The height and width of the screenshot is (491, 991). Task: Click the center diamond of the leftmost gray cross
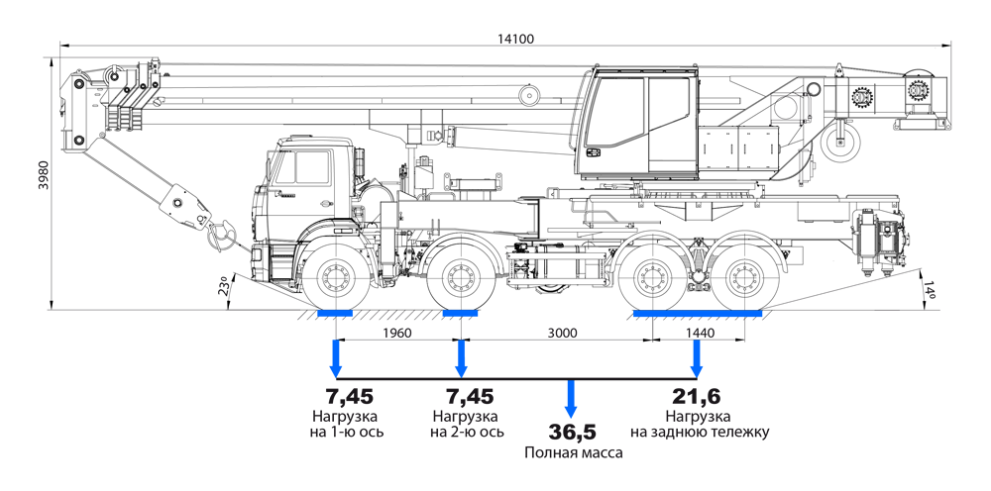(x=336, y=279)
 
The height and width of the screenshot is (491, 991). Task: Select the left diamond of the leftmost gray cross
(x=309, y=279)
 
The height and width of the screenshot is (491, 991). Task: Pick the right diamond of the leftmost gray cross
(x=363, y=279)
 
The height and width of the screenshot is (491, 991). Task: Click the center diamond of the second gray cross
(x=461, y=279)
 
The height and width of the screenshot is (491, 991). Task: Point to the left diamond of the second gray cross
(x=434, y=279)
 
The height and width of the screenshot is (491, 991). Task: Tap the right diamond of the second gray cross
(x=488, y=279)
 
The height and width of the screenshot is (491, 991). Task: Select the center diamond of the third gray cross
(x=652, y=279)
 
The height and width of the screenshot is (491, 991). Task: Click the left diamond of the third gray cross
(x=625, y=279)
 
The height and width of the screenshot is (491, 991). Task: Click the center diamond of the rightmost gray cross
(x=745, y=279)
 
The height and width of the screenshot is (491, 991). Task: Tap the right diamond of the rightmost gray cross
(x=772, y=279)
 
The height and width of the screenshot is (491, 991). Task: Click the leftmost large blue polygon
(x=322, y=357)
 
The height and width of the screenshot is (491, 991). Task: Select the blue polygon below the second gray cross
(x=461, y=359)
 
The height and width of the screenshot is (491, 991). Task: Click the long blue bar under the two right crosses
(x=698, y=316)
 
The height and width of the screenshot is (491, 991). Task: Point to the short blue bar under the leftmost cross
(x=336, y=315)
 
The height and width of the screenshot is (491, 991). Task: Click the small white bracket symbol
(x=562, y=433)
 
